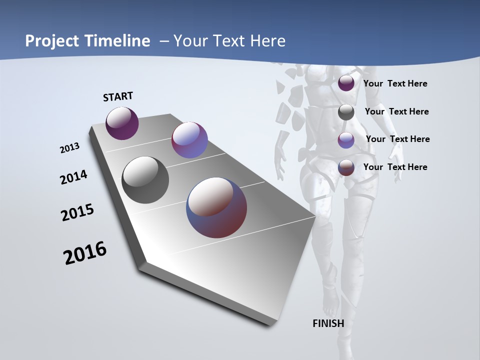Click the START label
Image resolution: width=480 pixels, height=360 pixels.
(118, 96)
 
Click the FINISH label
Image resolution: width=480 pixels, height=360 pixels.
(328, 323)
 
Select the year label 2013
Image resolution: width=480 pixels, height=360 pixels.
(70, 147)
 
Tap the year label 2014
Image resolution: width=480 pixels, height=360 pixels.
(74, 177)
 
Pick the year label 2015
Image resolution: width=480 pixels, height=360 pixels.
(77, 212)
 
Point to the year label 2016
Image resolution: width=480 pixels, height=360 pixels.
(85, 252)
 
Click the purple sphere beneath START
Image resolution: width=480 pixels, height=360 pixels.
(122, 123)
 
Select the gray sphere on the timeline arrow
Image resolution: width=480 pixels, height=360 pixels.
(145, 179)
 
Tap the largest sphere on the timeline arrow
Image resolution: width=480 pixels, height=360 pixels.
(216, 207)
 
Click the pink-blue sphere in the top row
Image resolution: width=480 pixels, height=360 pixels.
(189, 140)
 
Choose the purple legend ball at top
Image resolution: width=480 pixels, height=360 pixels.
(346, 83)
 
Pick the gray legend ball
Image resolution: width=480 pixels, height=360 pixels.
(346, 112)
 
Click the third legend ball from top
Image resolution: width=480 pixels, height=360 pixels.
(346, 140)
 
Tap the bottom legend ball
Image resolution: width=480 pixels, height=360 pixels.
(346, 167)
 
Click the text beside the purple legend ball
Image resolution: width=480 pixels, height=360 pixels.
(395, 83)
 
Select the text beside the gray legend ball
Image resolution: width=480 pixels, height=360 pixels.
(396, 111)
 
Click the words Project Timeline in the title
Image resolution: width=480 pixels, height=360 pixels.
(87, 40)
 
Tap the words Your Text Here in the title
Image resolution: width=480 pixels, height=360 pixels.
(229, 40)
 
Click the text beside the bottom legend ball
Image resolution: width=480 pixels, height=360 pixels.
(395, 167)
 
